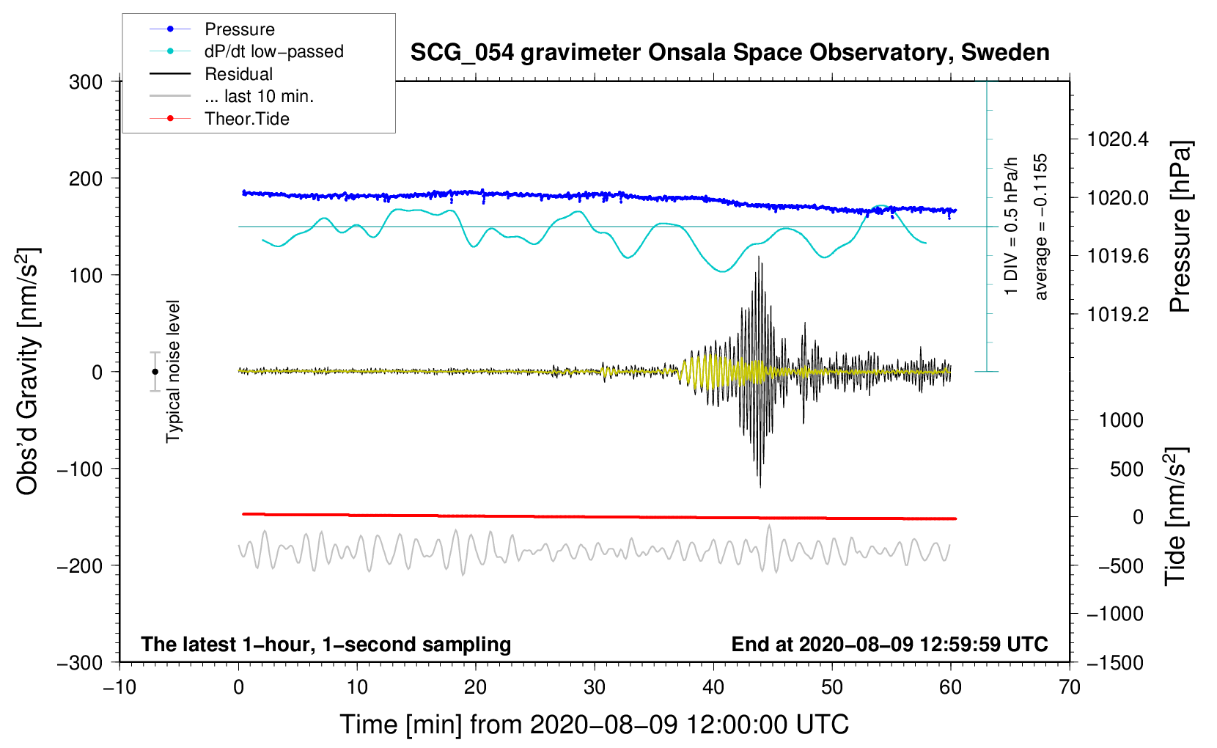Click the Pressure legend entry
(239, 29)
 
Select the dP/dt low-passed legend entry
(273, 51)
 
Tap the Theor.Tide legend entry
(246, 119)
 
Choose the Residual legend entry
(238, 74)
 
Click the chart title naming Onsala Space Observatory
(729, 53)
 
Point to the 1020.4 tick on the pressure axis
(1118, 139)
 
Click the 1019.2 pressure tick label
(1118, 315)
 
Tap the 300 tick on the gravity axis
(86, 81)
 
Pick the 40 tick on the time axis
(713, 687)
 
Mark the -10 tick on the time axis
(120, 687)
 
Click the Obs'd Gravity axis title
(28, 371)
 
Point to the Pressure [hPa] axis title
(1180, 227)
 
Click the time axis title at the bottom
(594, 725)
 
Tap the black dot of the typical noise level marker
(155, 372)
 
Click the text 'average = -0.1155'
(1041, 227)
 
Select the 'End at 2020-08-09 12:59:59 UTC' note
(889, 645)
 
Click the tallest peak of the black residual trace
(759, 257)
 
